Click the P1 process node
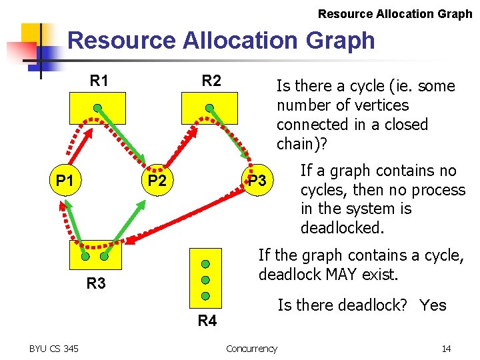(x=65, y=181)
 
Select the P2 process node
(x=157, y=181)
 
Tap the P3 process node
(x=257, y=181)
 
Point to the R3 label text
(x=96, y=283)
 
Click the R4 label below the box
(x=207, y=321)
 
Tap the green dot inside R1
(x=97, y=107)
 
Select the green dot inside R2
(x=209, y=107)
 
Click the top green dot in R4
(x=206, y=264)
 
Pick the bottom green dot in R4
(x=206, y=295)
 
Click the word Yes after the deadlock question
(x=433, y=305)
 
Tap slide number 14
(x=446, y=349)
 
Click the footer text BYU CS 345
(x=54, y=349)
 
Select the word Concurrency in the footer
(x=251, y=349)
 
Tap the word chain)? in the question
(x=302, y=143)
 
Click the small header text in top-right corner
(x=395, y=13)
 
